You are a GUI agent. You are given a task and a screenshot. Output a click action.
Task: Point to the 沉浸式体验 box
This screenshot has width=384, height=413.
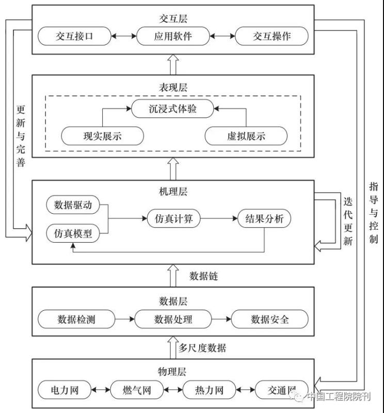pos(172,109)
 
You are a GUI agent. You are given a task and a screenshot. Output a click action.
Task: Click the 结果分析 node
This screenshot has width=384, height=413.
pos(264,219)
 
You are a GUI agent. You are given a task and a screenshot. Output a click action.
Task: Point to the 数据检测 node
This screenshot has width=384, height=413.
pos(76,319)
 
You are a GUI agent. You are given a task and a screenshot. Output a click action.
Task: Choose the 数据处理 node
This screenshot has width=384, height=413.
pos(173,319)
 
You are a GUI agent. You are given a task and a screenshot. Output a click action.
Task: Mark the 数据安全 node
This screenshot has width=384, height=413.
pos(269,319)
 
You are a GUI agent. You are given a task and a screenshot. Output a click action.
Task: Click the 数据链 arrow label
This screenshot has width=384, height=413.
pos(203,276)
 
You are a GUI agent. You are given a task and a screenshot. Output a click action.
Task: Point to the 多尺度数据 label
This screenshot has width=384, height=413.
pos(202,347)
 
